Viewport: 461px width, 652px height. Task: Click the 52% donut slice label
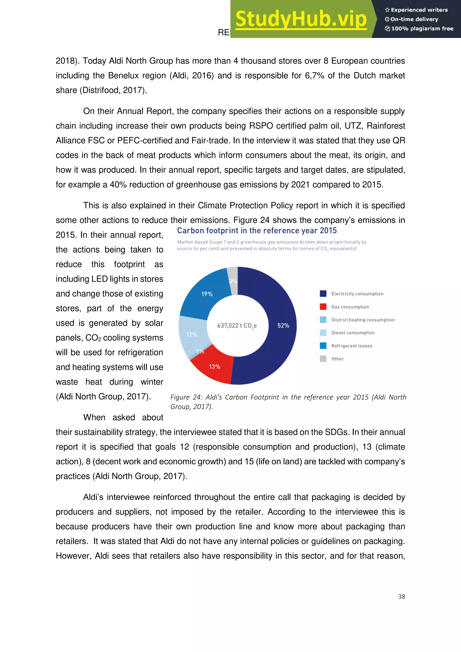coord(283,325)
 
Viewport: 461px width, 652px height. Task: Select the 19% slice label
coord(207,294)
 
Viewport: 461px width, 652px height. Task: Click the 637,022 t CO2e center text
coord(237,326)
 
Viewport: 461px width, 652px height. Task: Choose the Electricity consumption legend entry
coord(357,294)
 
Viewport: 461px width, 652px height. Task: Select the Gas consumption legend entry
coord(350,307)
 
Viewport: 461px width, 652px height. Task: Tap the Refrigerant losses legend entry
coord(352,346)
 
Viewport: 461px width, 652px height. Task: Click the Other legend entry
coord(337,359)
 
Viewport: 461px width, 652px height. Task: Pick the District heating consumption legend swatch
coord(323,320)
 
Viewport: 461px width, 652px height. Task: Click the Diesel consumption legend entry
coord(353,333)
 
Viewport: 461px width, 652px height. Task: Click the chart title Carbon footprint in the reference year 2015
coord(257,231)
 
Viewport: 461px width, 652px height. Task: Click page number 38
coord(401,597)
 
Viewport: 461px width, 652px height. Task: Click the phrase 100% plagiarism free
coord(422,28)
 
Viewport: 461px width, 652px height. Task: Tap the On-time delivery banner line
coord(414,19)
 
